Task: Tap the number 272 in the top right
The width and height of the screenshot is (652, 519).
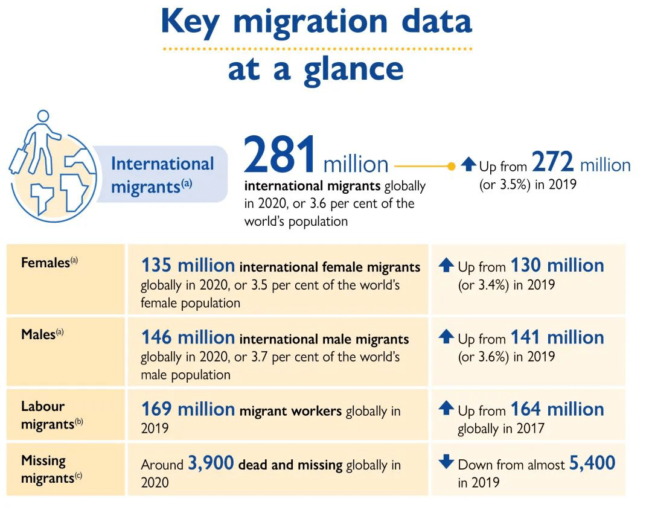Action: click(553, 165)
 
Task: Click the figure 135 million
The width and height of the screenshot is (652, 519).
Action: click(188, 265)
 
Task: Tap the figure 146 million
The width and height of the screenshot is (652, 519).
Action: click(188, 337)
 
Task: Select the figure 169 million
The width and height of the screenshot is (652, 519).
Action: click(188, 409)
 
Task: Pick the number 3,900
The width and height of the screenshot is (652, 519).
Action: click(211, 463)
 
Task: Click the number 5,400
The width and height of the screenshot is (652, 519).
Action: click(592, 463)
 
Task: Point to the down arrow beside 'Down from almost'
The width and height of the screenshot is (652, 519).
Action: click(446, 462)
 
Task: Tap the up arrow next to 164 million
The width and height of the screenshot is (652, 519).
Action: click(446, 409)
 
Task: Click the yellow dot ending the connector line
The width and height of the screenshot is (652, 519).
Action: click(451, 165)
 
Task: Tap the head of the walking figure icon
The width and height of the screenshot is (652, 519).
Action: click(42, 116)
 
